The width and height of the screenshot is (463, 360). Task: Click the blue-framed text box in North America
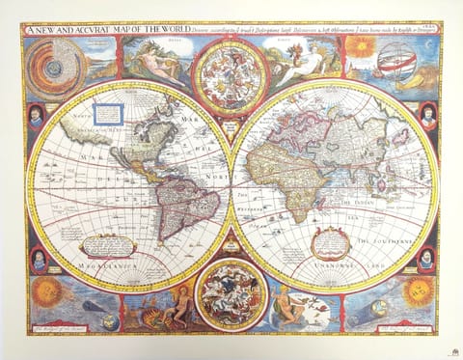click(109, 116)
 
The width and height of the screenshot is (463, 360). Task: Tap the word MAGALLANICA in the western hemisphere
click(107, 262)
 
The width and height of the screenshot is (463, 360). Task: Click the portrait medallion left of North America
click(35, 118)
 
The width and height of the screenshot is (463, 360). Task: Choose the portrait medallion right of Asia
click(427, 117)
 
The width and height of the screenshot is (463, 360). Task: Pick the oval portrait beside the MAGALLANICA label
click(37, 259)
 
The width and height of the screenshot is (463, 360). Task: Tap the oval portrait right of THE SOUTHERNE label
click(426, 258)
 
